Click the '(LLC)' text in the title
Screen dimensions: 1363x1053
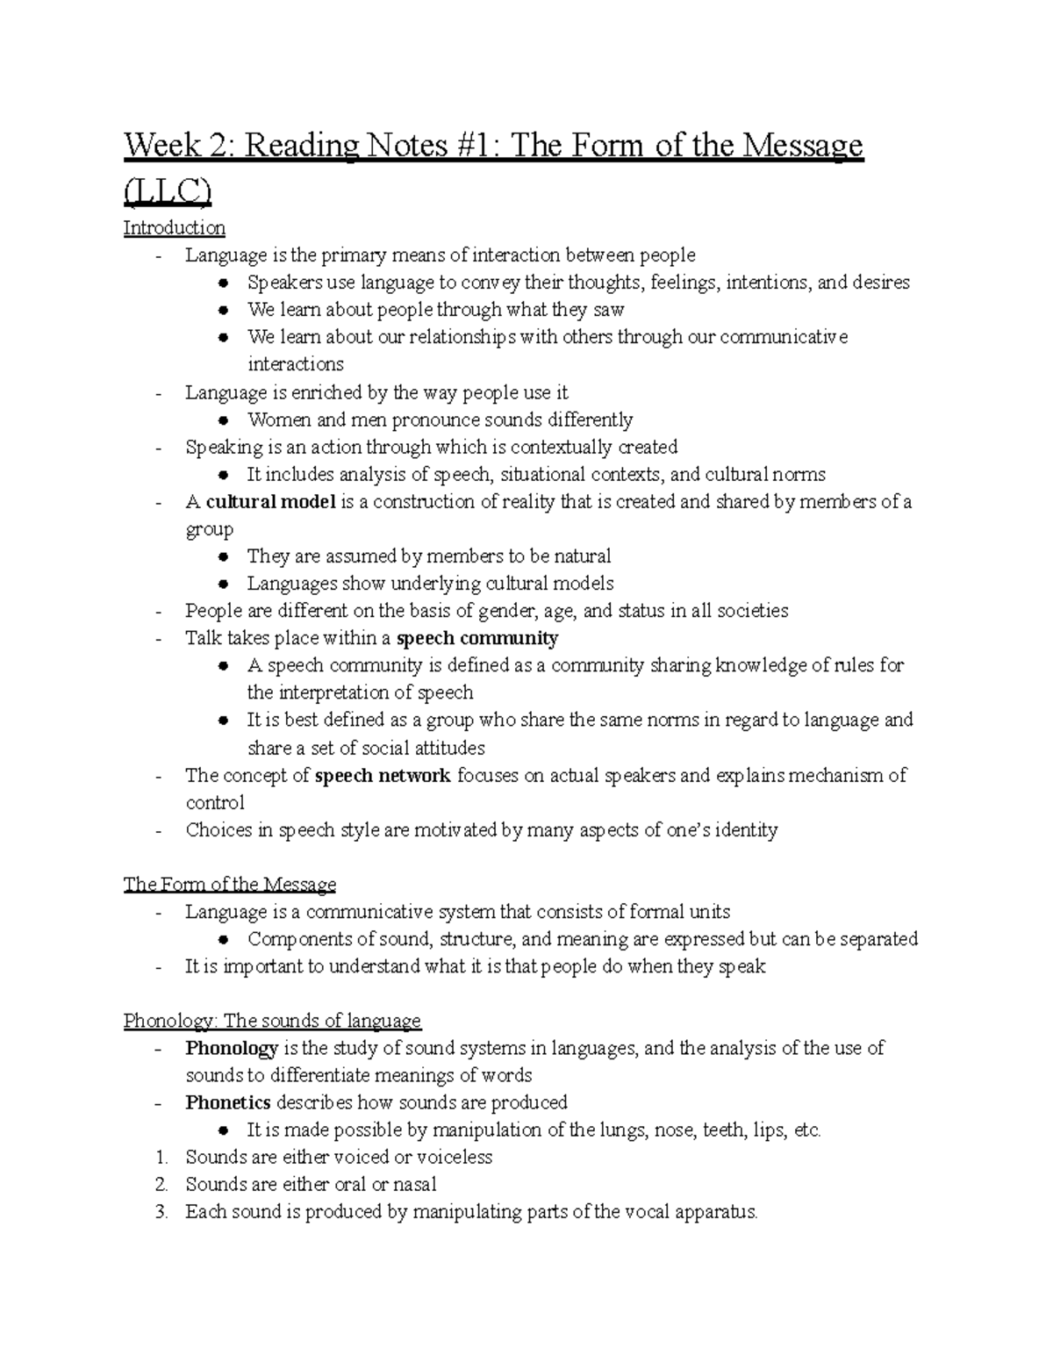168,190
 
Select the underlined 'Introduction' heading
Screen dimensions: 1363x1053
174,228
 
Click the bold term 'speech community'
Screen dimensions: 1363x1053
477,638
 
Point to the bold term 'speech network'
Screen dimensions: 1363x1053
383,775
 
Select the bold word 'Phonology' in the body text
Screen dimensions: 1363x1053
232,1048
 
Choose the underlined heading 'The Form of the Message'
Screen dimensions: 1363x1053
230,884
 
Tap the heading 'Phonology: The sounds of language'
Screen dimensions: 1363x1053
272,1021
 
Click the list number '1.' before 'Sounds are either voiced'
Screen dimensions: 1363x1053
161,1157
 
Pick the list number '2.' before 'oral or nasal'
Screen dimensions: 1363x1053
161,1184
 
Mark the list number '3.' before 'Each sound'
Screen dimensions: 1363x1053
161,1212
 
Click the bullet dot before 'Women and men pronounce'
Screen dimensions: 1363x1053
225,420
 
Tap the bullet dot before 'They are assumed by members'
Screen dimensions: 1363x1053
225,557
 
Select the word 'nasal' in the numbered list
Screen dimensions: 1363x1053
414,1184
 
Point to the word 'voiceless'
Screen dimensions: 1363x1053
454,1157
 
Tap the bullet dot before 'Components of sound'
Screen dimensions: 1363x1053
225,940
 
